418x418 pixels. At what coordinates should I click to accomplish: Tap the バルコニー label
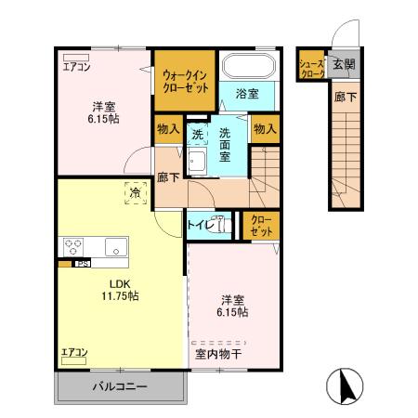(118, 385)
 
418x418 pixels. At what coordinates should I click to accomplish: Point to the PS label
(82, 263)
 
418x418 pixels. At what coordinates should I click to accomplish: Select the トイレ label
(202, 225)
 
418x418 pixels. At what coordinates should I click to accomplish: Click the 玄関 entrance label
(345, 64)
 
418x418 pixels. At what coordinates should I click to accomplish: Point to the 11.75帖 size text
(121, 296)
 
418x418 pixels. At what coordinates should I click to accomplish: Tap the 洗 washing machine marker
(197, 135)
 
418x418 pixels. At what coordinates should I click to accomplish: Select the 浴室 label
(246, 94)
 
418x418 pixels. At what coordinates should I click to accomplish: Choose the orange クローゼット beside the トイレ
(261, 224)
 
